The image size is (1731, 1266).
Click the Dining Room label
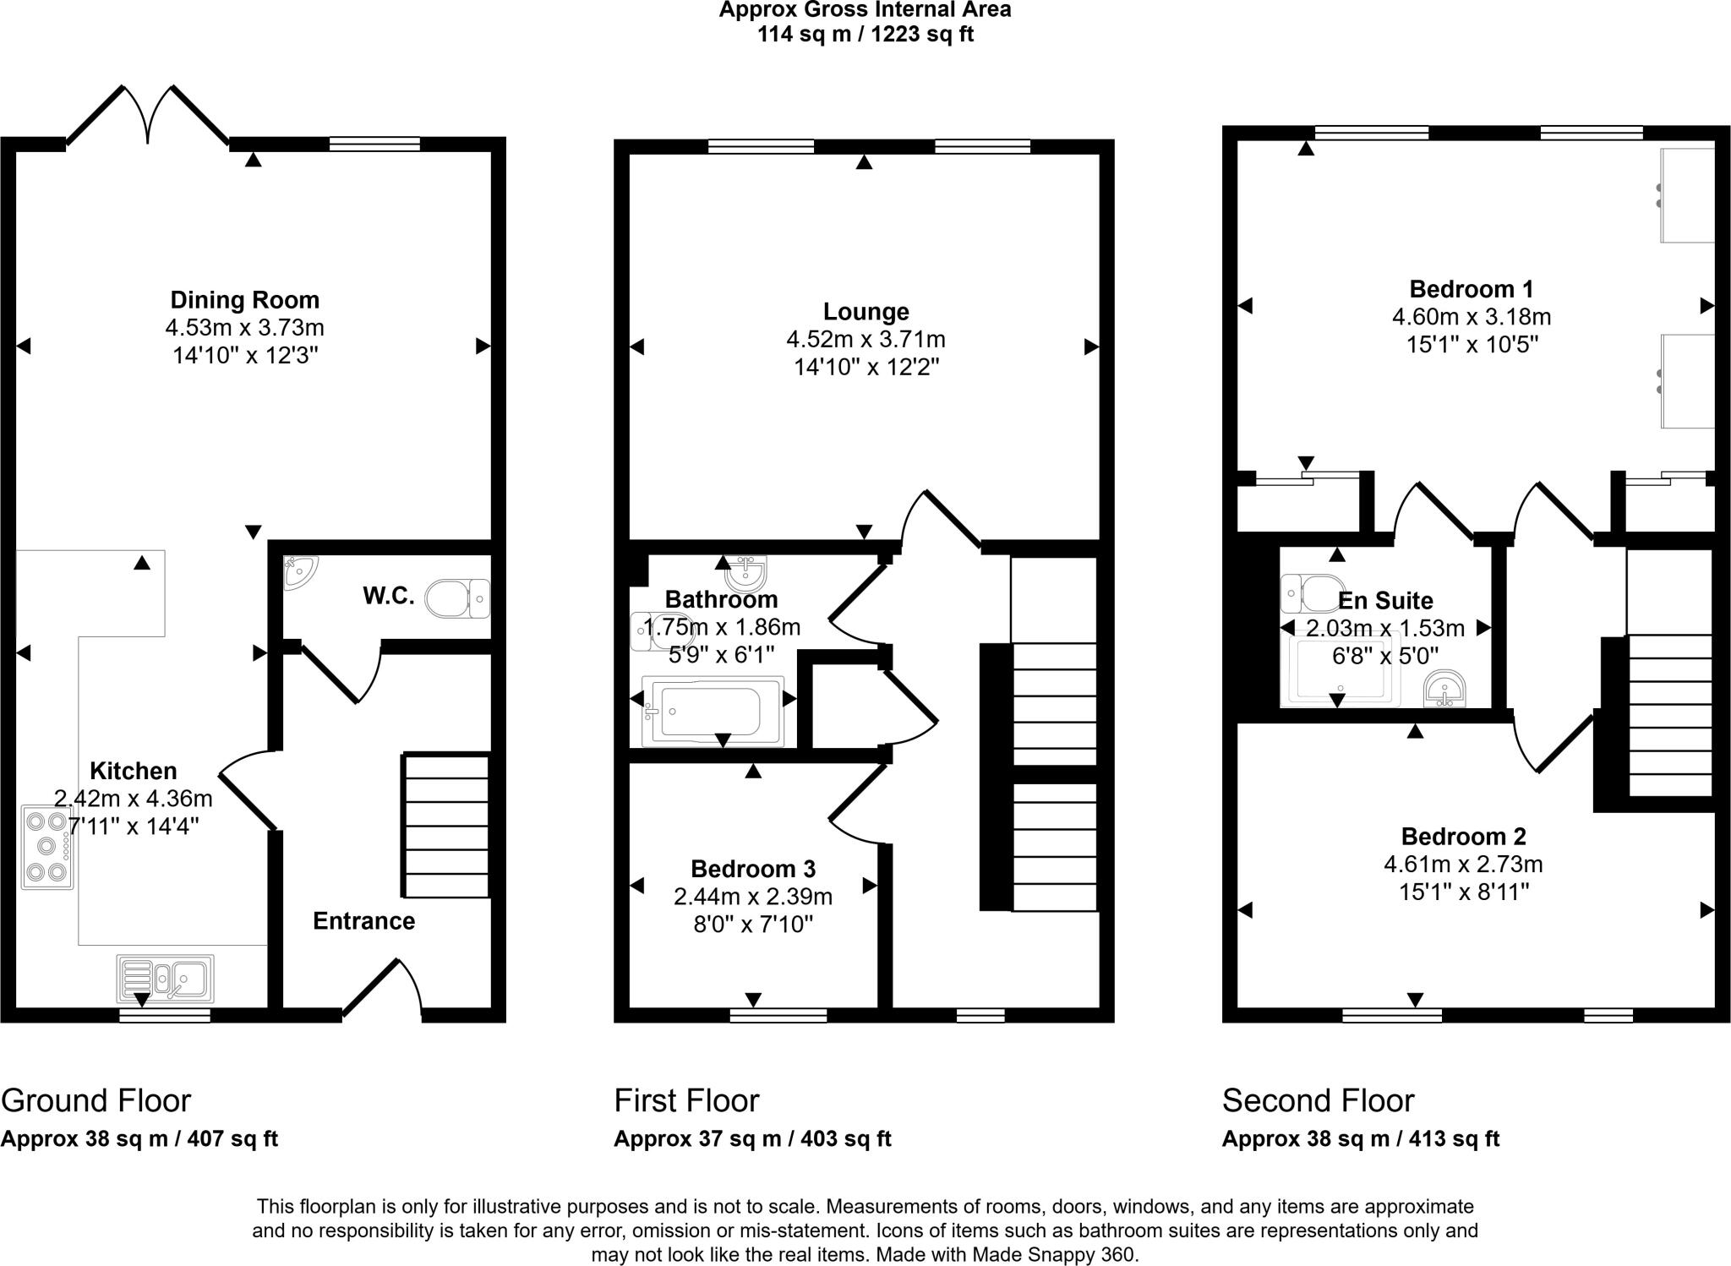(x=244, y=300)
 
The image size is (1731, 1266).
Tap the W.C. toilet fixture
(x=457, y=599)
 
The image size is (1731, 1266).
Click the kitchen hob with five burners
(x=47, y=846)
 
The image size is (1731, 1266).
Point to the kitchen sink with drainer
(x=166, y=979)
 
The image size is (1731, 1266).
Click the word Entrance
(x=363, y=920)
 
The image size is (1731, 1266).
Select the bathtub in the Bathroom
(x=712, y=711)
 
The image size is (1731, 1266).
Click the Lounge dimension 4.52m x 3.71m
(x=865, y=340)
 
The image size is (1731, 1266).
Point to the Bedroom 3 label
(x=752, y=869)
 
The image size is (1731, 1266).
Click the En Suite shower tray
(x=1340, y=672)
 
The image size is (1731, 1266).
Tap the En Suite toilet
(x=1313, y=593)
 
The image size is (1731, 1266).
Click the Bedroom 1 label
(x=1471, y=289)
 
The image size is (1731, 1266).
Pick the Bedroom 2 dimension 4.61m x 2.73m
(x=1463, y=865)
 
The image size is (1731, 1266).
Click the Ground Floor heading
(x=96, y=1101)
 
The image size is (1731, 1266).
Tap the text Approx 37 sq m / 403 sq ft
(x=752, y=1139)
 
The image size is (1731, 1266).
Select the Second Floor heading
(x=1318, y=1101)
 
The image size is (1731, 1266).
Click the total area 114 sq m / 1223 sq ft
(x=865, y=35)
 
